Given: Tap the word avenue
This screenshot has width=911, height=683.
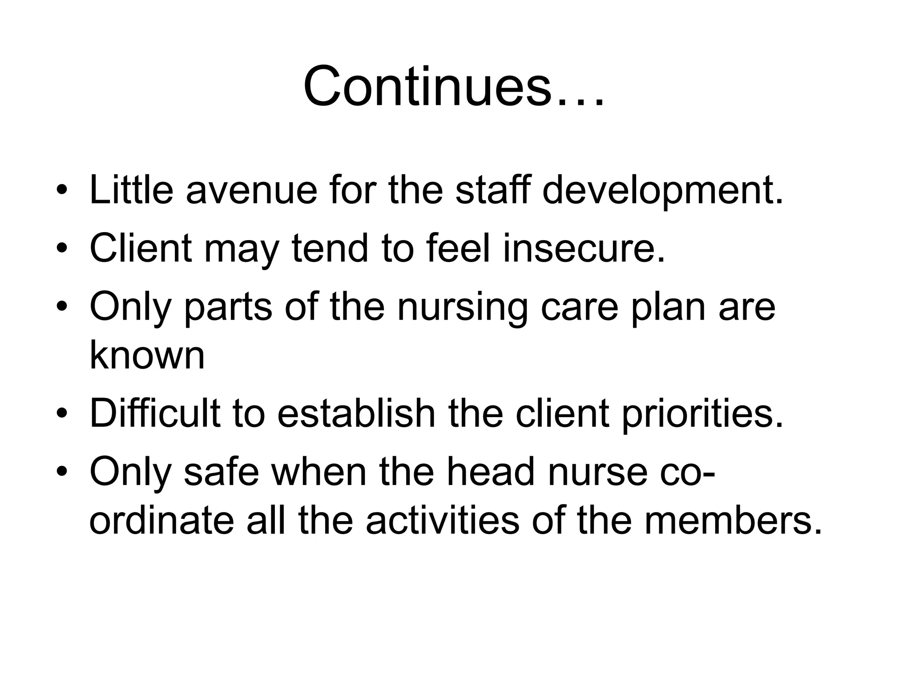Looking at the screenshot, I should pyautogui.click(x=251, y=190).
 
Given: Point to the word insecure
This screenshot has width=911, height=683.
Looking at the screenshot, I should pyautogui.click(x=584, y=248).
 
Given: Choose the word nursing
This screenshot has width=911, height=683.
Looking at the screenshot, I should pyautogui.click(x=462, y=308).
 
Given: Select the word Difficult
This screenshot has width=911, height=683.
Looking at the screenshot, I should pyautogui.click(x=155, y=414).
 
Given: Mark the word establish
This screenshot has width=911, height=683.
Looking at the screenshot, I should pyautogui.click(x=356, y=414).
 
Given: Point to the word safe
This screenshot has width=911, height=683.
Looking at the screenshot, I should pyautogui.click(x=221, y=472).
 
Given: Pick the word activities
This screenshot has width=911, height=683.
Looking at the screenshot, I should pyautogui.click(x=442, y=520).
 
